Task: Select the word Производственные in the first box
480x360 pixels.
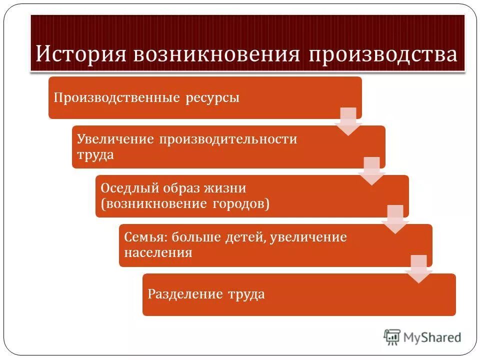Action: click(x=116, y=97)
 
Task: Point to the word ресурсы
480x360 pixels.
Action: click(x=213, y=97)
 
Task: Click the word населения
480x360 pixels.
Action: click(x=158, y=252)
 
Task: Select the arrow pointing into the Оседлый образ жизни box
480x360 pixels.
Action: click(x=372, y=170)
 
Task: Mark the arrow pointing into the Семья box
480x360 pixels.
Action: click(x=395, y=219)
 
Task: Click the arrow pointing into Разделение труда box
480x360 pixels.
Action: click(x=419, y=269)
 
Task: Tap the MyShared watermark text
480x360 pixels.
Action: click(x=433, y=337)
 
